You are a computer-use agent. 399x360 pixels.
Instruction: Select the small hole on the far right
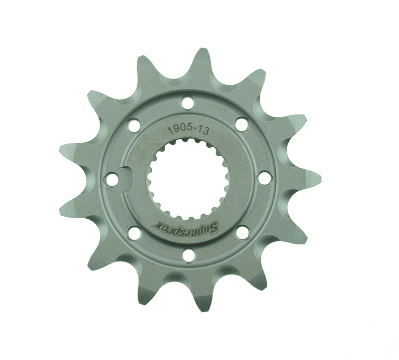[x=264, y=177]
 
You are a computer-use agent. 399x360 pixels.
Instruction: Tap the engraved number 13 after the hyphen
[x=203, y=131]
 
